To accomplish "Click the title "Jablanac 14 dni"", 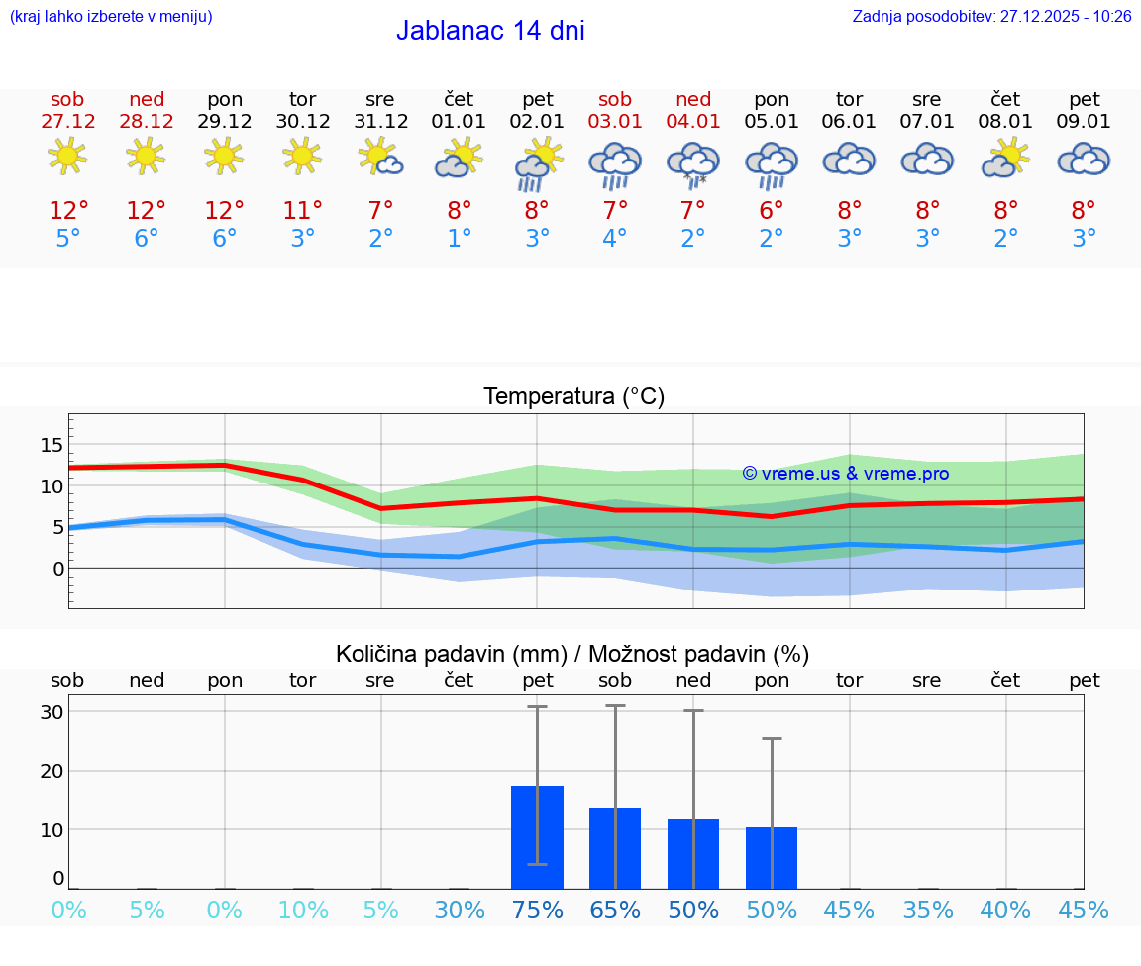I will click(490, 31).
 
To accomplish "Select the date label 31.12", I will click(380, 121).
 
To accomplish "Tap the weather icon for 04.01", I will click(693, 163).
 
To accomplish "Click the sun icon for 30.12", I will click(302, 156).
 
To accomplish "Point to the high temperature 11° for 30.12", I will click(302, 210).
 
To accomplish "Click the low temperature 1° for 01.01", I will click(459, 239).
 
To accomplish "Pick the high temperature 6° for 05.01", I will click(772, 210).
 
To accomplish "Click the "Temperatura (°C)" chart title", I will click(573, 396).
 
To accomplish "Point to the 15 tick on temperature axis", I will click(52, 445).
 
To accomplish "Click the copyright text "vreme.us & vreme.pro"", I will click(845, 474).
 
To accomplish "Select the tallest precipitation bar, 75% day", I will click(537, 836).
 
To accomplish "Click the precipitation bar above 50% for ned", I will click(693, 853).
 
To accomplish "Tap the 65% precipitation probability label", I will click(615, 910).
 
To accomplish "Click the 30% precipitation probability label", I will click(459, 910).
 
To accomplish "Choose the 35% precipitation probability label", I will click(928, 910).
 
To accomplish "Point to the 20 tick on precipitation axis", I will click(52, 771).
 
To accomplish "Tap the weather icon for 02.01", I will click(537, 163).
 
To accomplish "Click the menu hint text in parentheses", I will click(111, 16).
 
